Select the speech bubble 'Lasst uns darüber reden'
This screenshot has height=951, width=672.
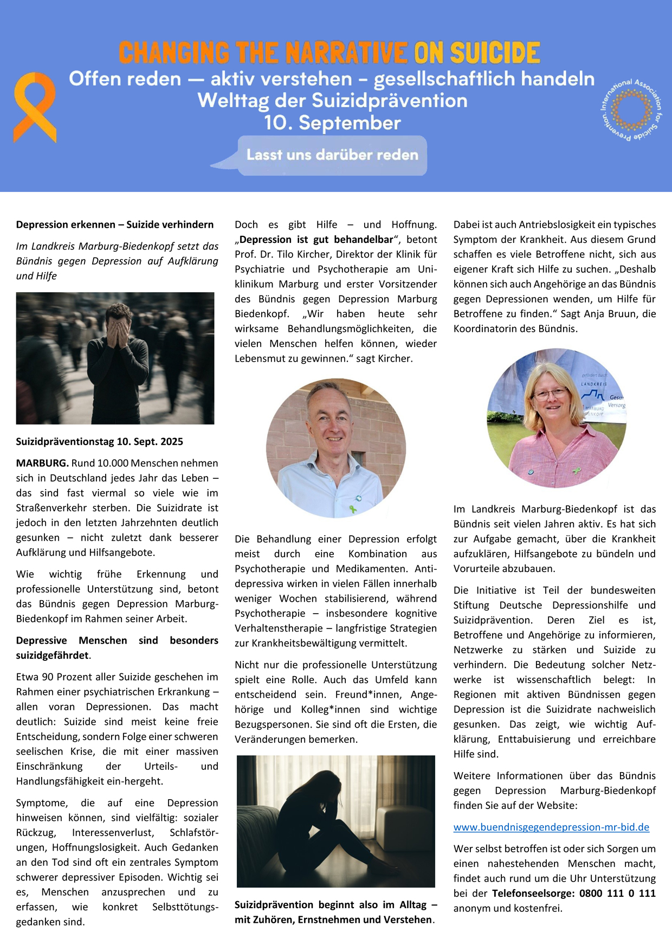pos(332,155)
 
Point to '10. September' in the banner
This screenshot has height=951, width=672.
pos(332,123)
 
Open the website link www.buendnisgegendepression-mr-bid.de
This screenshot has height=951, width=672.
pos(551,827)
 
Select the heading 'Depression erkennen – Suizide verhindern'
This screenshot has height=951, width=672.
pos(115,224)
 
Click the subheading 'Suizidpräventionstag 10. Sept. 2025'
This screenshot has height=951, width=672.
pos(100,441)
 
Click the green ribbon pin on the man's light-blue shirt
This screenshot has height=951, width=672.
pos(353,509)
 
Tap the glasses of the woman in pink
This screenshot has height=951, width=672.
pos(551,394)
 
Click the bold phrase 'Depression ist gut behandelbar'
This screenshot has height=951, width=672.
pos(316,240)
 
